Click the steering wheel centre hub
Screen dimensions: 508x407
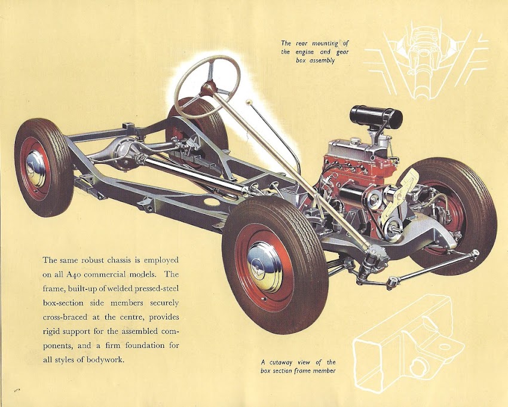pyautogui.click(x=207, y=90)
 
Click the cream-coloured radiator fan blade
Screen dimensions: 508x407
pyautogui.click(x=412, y=185)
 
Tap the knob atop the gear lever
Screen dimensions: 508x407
pyautogui.click(x=249, y=103)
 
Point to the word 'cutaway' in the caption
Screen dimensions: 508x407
pyautogui.click(x=285, y=362)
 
